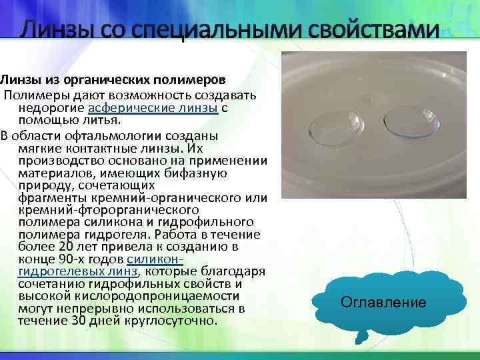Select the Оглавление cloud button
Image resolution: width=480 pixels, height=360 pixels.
[383, 303]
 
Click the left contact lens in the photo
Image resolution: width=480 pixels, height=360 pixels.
[337, 123]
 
